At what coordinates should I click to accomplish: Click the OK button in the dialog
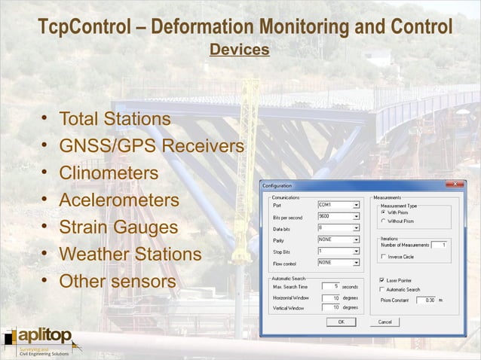[341, 322]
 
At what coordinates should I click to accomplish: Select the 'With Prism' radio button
[382, 212]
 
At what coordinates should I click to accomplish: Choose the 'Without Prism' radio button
[382, 221]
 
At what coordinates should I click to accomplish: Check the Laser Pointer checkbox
[382, 280]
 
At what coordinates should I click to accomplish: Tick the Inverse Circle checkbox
[382, 257]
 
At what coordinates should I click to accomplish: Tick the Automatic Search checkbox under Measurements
[382, 290]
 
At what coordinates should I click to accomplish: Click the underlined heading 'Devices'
[240, 50]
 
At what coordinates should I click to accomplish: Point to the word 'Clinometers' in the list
[109, 173]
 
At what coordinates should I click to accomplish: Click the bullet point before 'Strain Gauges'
[46, 227]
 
